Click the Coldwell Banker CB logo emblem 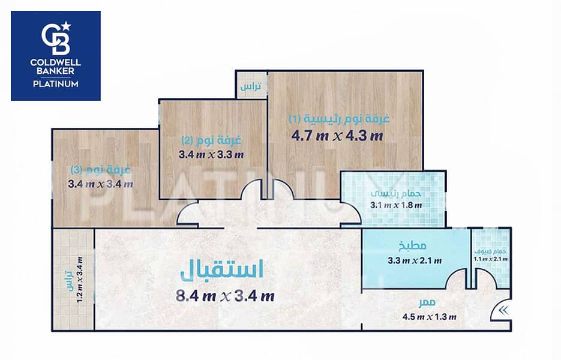(56, 38)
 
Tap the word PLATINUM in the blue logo (56, 84)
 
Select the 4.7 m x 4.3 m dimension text (337, 136)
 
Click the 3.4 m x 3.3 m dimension (211, 155)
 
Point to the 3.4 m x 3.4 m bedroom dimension (101, 184)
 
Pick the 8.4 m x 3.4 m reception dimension (225, 296)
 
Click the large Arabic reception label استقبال (222, 269)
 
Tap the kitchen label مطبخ (413, 245)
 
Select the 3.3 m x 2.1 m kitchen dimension (415, 260)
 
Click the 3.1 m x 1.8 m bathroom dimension (396, 205)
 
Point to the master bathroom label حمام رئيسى (396, 194)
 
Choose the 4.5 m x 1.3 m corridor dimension (430, 317)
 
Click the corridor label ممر (428, 303)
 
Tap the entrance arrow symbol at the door (503, 311)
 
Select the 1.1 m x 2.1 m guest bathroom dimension (491, 259)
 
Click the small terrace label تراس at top (251, 86)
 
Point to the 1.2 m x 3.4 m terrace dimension (80, 280)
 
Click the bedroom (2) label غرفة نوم (211, 140)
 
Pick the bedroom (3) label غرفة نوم (101, 169)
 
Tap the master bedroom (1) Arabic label (339, 118)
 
